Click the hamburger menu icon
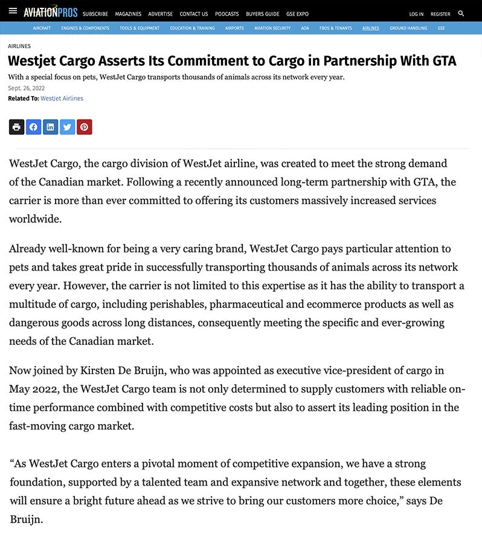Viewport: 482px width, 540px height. (x=13, y=11)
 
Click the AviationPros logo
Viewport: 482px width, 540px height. (x=50, y=11)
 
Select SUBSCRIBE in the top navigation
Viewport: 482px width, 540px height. (x=95, y=14)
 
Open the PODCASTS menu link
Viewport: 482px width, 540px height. (x=227, y=14)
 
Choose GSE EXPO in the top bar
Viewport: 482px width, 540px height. (x=298, y=14)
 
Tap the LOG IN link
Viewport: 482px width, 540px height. (x=416, y=14)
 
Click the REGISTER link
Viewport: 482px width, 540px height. (x=440, y=14)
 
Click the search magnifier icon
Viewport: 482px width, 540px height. (x=461, y=13)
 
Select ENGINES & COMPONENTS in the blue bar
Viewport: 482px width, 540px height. (x=85, y=28)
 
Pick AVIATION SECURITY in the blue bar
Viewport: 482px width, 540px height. (x=272, y=28)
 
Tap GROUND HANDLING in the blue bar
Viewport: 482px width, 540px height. (x=408, y=28)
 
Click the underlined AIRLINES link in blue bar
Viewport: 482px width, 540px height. (x=371, y=28)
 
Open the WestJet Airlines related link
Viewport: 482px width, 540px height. (x=62, y=98)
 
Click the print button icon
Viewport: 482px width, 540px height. (x=16, y=127)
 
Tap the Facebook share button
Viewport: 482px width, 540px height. (x=33, y=127)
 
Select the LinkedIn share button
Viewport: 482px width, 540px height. (x=50, y=127)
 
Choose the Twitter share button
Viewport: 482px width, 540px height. (x=67, y=127)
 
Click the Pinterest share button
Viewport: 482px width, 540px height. (x=84, y=127)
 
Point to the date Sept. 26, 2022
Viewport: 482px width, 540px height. (x=26, y=88)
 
